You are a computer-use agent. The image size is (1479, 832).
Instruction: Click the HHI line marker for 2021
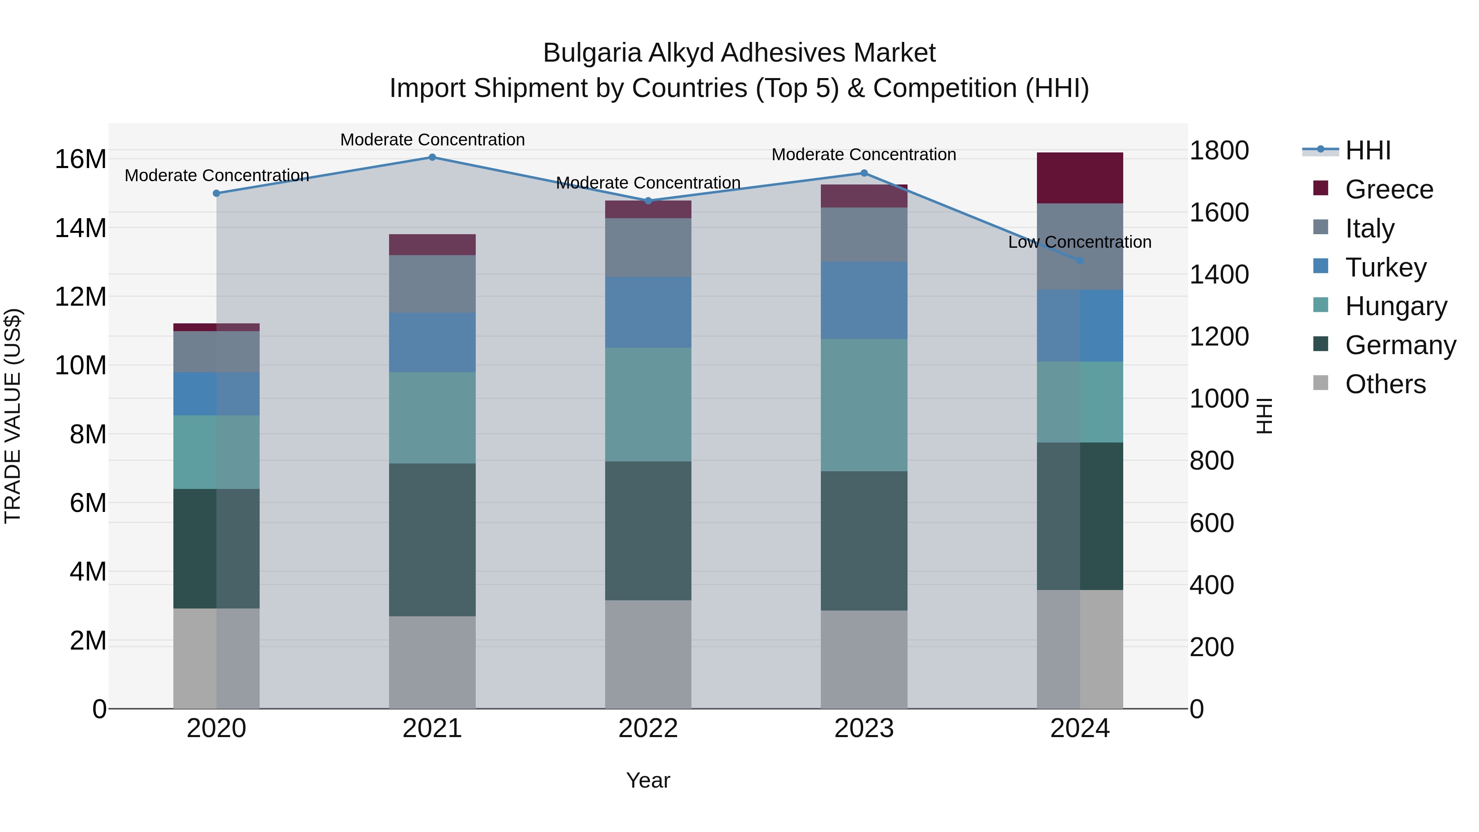432,157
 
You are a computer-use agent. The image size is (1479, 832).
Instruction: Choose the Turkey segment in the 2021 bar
432,342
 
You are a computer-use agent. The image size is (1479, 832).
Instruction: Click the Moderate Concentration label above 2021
432,140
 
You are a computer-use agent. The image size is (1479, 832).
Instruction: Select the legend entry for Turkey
1385,267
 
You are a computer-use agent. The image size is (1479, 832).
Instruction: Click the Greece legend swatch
1320,188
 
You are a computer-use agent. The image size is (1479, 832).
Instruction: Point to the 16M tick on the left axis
81,159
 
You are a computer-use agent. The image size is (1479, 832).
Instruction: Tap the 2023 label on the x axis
864,728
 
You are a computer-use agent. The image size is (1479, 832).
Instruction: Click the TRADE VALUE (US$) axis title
13,416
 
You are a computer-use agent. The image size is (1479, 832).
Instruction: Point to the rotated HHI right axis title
1265,416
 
